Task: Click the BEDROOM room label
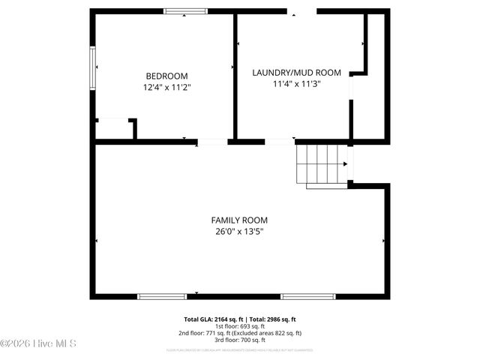(166, 76)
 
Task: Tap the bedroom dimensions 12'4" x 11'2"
(166, 87)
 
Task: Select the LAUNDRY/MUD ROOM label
(296, 73)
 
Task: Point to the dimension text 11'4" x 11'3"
(296, 84)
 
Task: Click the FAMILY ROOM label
(238, 220)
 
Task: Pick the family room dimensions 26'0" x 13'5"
(238, 232)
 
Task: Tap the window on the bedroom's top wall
(185, 11)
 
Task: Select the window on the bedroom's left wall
(93, 70)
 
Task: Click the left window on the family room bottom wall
(162, 296)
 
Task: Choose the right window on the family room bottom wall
(308, 296)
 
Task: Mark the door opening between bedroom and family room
(213, 141)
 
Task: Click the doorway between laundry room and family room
(280, 141)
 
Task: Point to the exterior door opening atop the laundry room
(301, 11)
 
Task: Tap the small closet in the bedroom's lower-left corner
(114, 130)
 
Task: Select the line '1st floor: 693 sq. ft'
(240, 326)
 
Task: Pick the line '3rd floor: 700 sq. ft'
(240, 340)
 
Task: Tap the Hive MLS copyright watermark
(39, 344)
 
